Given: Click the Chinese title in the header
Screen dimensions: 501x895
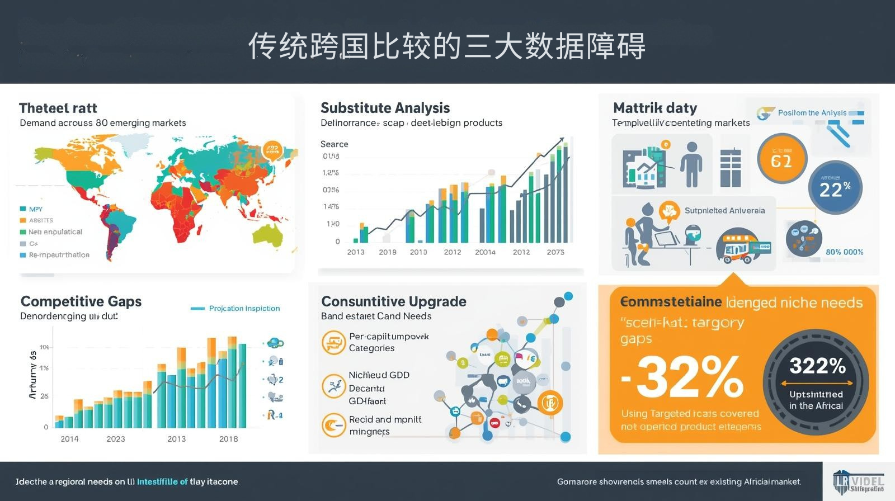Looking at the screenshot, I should pyautogui.click(x=447, y=46).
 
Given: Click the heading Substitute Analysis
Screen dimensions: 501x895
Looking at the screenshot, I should pyautogui.click(x=385, y=108).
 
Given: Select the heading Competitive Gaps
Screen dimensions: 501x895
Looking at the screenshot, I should pyautogui.click(x=81, y=301).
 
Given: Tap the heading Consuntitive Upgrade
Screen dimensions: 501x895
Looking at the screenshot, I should pyautogui.click(x=394, y=301).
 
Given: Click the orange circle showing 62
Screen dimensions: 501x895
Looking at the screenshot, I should pyautogui.click(x=781, y=159).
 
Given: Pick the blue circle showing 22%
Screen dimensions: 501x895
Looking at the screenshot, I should pyautogui.click(x=835, y=188).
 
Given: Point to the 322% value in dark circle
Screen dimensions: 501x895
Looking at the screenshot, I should pyautogui.click(x=817, y=366).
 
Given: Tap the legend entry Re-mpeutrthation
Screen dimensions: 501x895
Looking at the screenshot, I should pyautogui.click(x=59, y=255).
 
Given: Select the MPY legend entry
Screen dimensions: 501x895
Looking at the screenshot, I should pyautogui.click(x=35, y=209).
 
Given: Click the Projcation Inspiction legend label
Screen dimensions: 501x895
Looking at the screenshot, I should pyautogui.click(x=244, y=308).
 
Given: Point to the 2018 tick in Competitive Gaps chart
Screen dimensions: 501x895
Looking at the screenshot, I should pyautogui.click(x=228, y=439).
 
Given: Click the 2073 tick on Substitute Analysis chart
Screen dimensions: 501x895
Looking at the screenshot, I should pyautogui.click(x=555, y=252).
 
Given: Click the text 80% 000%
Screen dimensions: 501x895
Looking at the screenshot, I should pyautogui.click(x=844, y=252).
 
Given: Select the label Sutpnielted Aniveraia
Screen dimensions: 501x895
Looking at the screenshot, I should pyautogui.click(x=724, y=211).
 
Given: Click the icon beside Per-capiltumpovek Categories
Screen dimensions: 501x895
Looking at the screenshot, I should pyautogui.click(x=333, y=342).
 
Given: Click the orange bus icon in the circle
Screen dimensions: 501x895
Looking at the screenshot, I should pyautogui.click(x=739, y=247).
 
